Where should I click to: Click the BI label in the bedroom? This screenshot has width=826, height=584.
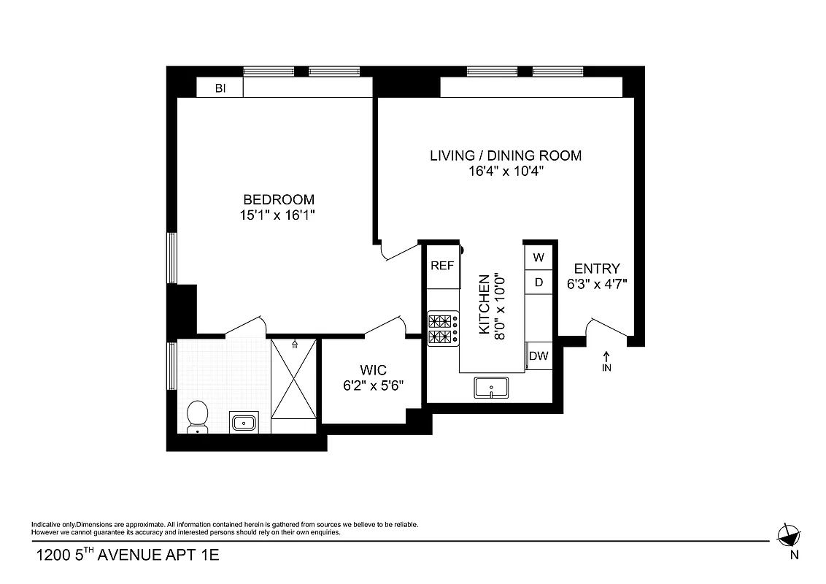click(220, 88)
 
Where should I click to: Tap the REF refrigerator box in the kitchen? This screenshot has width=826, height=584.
click(442, 266)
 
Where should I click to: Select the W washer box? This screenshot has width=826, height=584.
click(539, 258)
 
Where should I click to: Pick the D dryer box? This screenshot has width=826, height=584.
click(539, 282)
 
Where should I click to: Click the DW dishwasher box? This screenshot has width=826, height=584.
click(539, 356)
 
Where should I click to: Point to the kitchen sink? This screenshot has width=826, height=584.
click(493, 388)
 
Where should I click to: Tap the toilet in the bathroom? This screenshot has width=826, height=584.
click(197, 417)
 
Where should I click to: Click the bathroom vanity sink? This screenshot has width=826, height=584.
click(243, 422)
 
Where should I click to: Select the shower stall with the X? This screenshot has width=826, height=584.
click(294, 377)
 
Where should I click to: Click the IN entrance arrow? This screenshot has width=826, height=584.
click(606, 361)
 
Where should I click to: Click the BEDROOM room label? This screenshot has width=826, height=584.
click(279, 199)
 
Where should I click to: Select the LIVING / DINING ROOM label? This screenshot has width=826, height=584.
click(506, 155)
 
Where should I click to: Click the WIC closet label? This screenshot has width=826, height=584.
click(373, 370)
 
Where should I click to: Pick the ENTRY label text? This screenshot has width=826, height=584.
click(597, 268)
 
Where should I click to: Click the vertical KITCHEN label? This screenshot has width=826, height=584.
click(483, 304)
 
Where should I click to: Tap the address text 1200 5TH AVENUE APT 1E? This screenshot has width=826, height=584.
click(128, 556)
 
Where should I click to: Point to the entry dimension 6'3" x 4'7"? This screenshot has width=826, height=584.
click(597, 284)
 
